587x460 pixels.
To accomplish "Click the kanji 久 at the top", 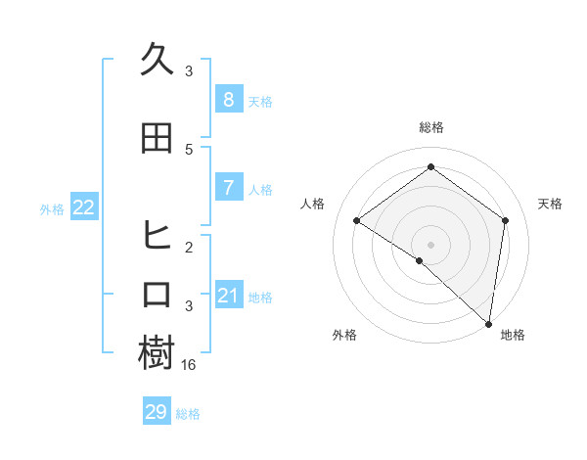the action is (x=157, y=60).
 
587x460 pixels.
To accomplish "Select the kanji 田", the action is (x=157, y=138).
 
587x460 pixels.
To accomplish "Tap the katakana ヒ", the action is (x=157, y=236).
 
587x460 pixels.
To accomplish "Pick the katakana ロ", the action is (x=157, y=295).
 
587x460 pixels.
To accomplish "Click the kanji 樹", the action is (x=157, y=353).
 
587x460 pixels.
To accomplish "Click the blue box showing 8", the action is (x=228, y=100).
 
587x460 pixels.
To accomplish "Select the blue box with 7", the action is (x=228, y=188).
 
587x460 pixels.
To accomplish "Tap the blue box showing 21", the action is (x=228, y=296).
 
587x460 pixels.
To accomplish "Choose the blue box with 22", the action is (x=84, y=207).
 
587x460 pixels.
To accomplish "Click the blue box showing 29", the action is (x=157, y=412).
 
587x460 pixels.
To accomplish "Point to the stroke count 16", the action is (x=190, y=364).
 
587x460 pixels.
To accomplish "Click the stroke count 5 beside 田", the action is (x=189, y=149).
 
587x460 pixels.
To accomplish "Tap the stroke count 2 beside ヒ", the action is (x=189, y=247).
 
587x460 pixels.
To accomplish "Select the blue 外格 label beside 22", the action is (x=52, y=208).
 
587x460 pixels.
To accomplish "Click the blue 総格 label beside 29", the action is (x=188, y=414).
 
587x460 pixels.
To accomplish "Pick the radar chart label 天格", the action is (x=551, y=204).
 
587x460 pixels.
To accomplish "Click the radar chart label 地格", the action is (x=513, y=335).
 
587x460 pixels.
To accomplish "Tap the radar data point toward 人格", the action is (x=357, y=221).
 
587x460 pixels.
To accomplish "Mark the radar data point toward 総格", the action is (x=430, y=167).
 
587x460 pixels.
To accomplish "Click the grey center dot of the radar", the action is (x=430, y=244).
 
